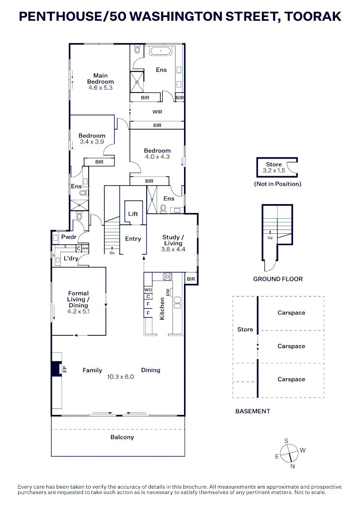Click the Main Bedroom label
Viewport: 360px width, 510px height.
(100, 78)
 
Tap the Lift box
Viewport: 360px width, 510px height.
(133, 214)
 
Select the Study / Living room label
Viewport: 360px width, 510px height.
(173, 240)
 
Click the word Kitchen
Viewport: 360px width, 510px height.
(162, 309)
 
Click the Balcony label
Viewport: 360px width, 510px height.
(122, 437)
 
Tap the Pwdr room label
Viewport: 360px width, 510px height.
(68, 237)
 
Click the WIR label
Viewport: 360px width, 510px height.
(157, 112)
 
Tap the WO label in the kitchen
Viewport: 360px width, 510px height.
(148, 289)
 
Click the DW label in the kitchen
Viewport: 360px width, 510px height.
(167, 292)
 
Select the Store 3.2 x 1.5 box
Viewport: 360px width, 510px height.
(274, 168)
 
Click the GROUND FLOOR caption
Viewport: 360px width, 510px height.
(278, 279)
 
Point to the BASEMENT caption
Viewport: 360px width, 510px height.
(253, 411)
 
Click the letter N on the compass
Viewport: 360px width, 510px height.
(293, 467)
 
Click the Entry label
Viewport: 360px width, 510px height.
(133, 239)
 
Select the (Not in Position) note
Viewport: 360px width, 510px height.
(277, 184)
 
